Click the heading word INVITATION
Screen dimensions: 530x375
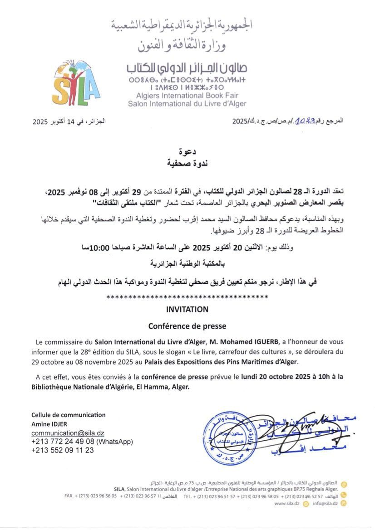click(187, 309)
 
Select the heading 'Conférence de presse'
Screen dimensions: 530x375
click(187, 326)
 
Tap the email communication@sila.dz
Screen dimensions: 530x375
click(68, 433)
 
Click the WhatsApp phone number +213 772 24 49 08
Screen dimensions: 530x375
click(63, 442)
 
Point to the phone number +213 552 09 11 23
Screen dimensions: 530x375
click(63, 450)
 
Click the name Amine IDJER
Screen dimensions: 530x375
click(49, 424)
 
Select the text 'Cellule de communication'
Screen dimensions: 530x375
click(68, 415)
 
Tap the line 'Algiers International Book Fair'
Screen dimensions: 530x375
click(187, 96)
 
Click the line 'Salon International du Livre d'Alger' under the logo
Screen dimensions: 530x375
click(187, 103)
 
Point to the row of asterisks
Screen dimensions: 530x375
click(187, 297)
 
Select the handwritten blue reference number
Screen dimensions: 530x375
click(306, 121)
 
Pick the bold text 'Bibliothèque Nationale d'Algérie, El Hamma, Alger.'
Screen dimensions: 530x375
click(109, 387)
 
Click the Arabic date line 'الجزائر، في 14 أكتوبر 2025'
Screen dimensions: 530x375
click(69, 122)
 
